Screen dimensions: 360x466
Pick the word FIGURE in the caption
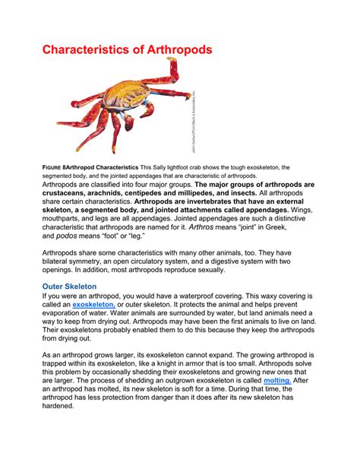(x=52, y=166)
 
